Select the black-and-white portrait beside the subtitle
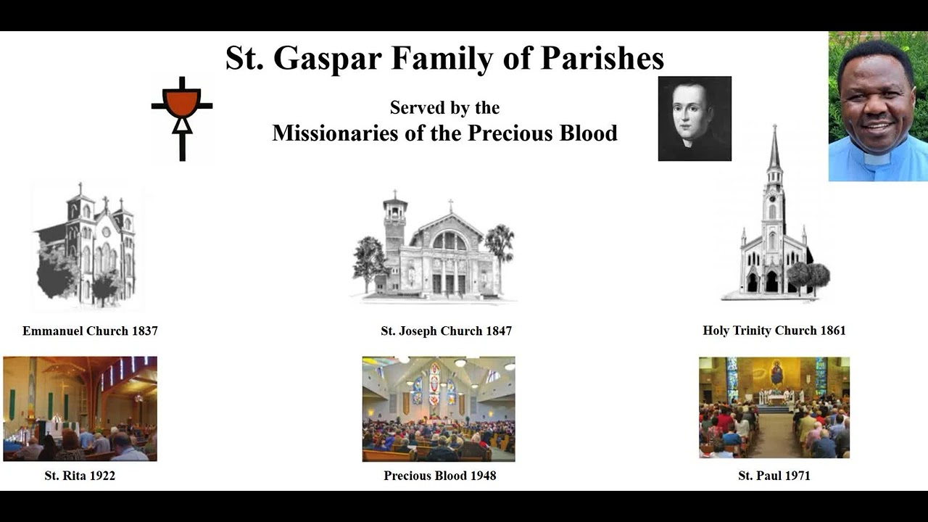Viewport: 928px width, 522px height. pos(695,118)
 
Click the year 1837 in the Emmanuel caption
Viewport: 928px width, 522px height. pos(144,331)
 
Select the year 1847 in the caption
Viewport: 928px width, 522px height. pos(497,331)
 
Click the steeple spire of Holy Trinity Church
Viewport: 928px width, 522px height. pos(774,149)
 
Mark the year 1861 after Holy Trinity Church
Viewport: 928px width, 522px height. pos(832,331)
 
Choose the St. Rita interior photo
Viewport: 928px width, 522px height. pos(80,408)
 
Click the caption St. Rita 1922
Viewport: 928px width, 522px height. pos(80,476)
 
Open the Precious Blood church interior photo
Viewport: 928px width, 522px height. pos(439,408)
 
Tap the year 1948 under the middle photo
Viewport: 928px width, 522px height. pos(481,476)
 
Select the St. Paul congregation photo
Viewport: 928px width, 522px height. pos(774,407)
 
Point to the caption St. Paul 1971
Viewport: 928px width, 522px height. pos(774,476)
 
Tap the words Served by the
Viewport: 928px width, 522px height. pos(444,108)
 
